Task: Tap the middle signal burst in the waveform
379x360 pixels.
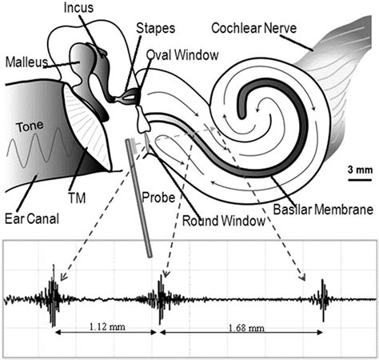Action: pyautogui.click(x=162, y=300)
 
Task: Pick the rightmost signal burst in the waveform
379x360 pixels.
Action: pyautogui.click(x=324, y=301)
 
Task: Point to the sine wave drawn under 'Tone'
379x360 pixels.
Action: pyautogui.click(x=37, y=150)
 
